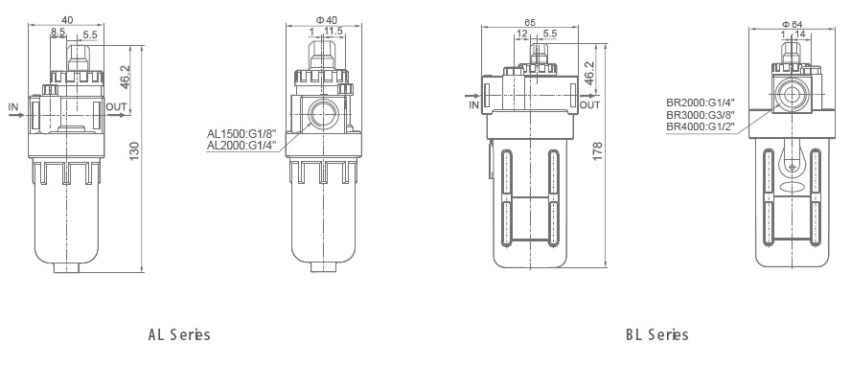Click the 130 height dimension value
[x=135, y=150]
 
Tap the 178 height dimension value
[x=598, y=152]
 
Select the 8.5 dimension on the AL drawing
[x=58, y=33]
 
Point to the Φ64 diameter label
[x=793, y=23]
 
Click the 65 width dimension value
[x=530, y=22]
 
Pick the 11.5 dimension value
[x=333, y=32]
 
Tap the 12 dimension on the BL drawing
[x=521, y=34]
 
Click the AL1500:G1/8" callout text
[x=241, y=133]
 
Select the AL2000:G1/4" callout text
[x=241, y=145]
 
